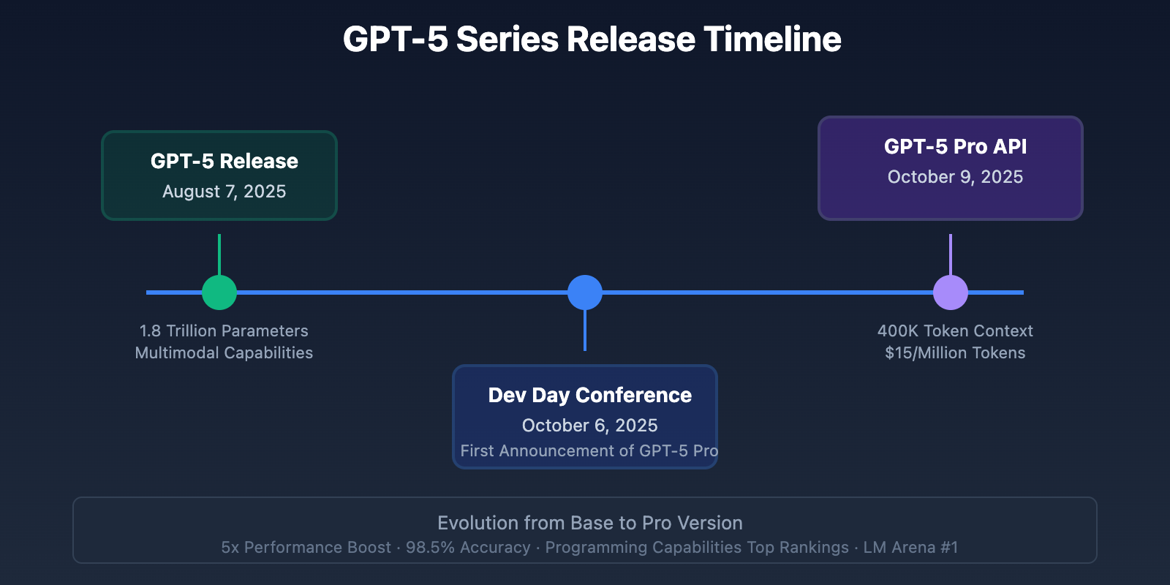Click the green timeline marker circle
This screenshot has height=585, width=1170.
pyautogui.click(x=219, y=292)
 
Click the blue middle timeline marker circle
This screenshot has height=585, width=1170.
pyautogui.click(x=585, y=292)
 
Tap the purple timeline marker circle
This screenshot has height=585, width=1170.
pyautogui.click(x=951, y=292)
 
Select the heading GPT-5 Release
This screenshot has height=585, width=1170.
pyautogui.click(x=224, y=161)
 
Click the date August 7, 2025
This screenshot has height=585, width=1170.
pyautogui.click(x=224, y=192)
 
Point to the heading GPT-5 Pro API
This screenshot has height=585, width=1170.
pyautogui.click(x=955, y=146)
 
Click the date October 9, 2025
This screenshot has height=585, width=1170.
pyautogui.click(x=955, y=177)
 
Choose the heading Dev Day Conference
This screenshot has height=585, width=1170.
pyautogui.click(x=589, y=395)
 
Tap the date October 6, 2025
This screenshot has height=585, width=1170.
pyautogui.click(x=589, y=426)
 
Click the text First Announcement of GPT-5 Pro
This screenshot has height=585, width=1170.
pyautogui.click(x=589, y=450)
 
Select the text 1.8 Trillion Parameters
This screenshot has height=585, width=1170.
pyautogui.click(x=224, y=331)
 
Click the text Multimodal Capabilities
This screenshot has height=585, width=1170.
pyautogui.click(x=224, y=352)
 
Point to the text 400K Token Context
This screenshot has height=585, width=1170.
pyautogui.click(x=955, y=331)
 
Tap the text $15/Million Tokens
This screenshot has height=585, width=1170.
pyautogui.click(x=955, y=352)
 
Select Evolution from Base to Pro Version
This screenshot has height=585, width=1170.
pyautogui.click(x=589, y=523)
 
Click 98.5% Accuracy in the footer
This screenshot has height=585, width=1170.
pyautogui.click(x=468, y=548)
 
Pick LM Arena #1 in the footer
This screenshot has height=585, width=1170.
pyautogui.click(x=910, y=548)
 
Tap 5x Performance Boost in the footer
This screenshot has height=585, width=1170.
pyautogui.click(x=306, y=548)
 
